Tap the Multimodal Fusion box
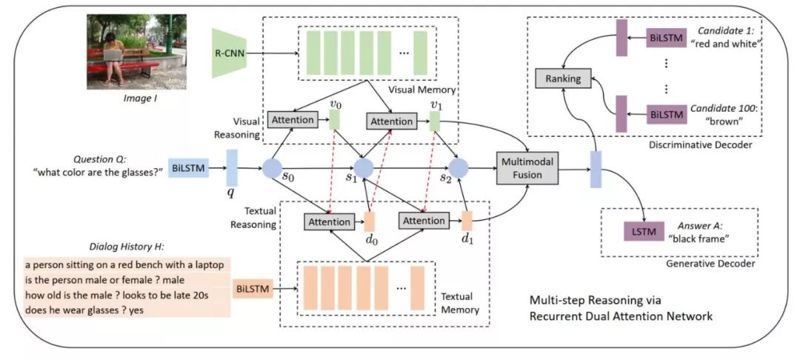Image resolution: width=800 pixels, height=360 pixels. click(527, 168)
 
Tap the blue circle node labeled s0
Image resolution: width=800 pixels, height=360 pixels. click(272, 169)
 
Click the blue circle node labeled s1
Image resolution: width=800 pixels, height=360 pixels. click(364, 169)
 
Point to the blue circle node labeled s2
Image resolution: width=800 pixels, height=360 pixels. click(459, 169)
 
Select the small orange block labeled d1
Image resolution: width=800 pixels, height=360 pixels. click(467, 220)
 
